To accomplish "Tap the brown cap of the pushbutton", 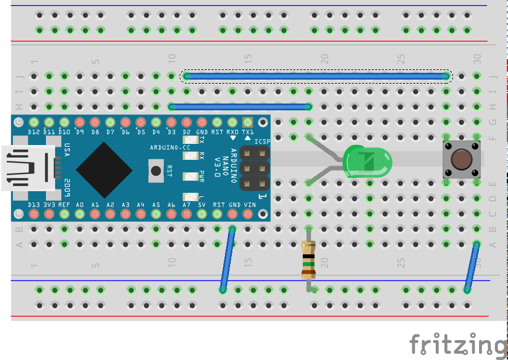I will tap(461, 159).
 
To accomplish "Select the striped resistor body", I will tap(308, 259).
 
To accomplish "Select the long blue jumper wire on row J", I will tap(317, 76).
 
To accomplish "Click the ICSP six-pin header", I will tap(254, 168).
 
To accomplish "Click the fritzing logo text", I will tap(457, 344).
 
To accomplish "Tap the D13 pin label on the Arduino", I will tap(34, 204).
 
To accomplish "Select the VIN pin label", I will tap(248, 204).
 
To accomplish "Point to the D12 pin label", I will tap(34, 132).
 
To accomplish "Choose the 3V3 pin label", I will tap(49, 204).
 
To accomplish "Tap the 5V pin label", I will tap(202, 204).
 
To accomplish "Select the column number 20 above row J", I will tap(324, 59).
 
